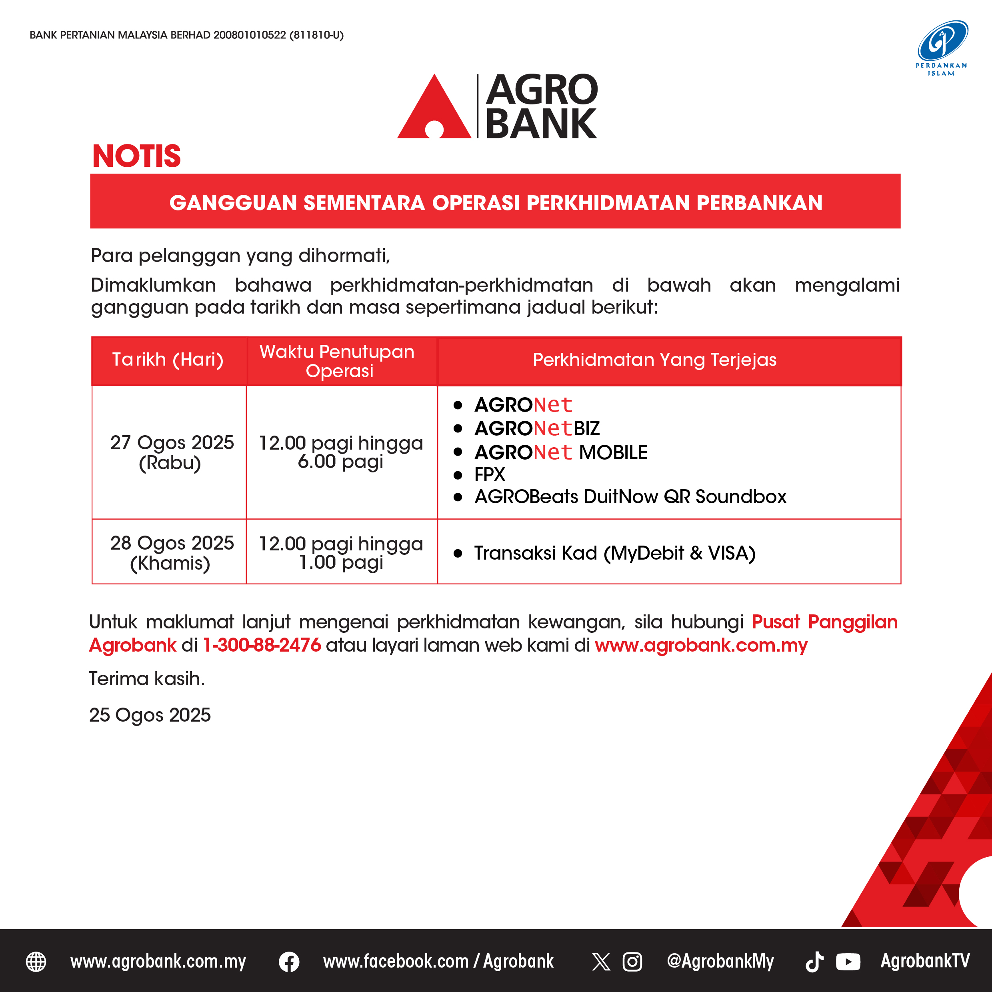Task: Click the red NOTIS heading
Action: tap(136, 156)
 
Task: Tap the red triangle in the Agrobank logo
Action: tap(434, 110)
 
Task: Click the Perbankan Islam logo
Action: tap(942, 48)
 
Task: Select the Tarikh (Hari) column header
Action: tap(168, 360)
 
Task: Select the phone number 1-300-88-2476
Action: tap(262, 645)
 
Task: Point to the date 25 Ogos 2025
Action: tap(150, 715)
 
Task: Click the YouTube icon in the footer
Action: tap(848, 962)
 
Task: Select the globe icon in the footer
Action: tap(36, 962)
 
